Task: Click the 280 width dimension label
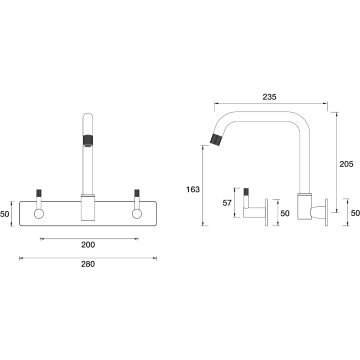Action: (x=88, y=264)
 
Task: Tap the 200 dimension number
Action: (x=88, y=245)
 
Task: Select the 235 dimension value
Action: (x=269, y=97)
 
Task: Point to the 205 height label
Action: (x=346, y=164)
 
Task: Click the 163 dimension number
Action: (x=193, y=189)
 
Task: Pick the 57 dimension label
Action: (x=227, y=203)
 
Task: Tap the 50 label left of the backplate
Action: (x=5, y=214)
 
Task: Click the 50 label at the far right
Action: (x=355, y=213)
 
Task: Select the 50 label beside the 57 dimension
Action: (x=285, y=213)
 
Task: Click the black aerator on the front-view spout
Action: (x=88, y=140)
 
